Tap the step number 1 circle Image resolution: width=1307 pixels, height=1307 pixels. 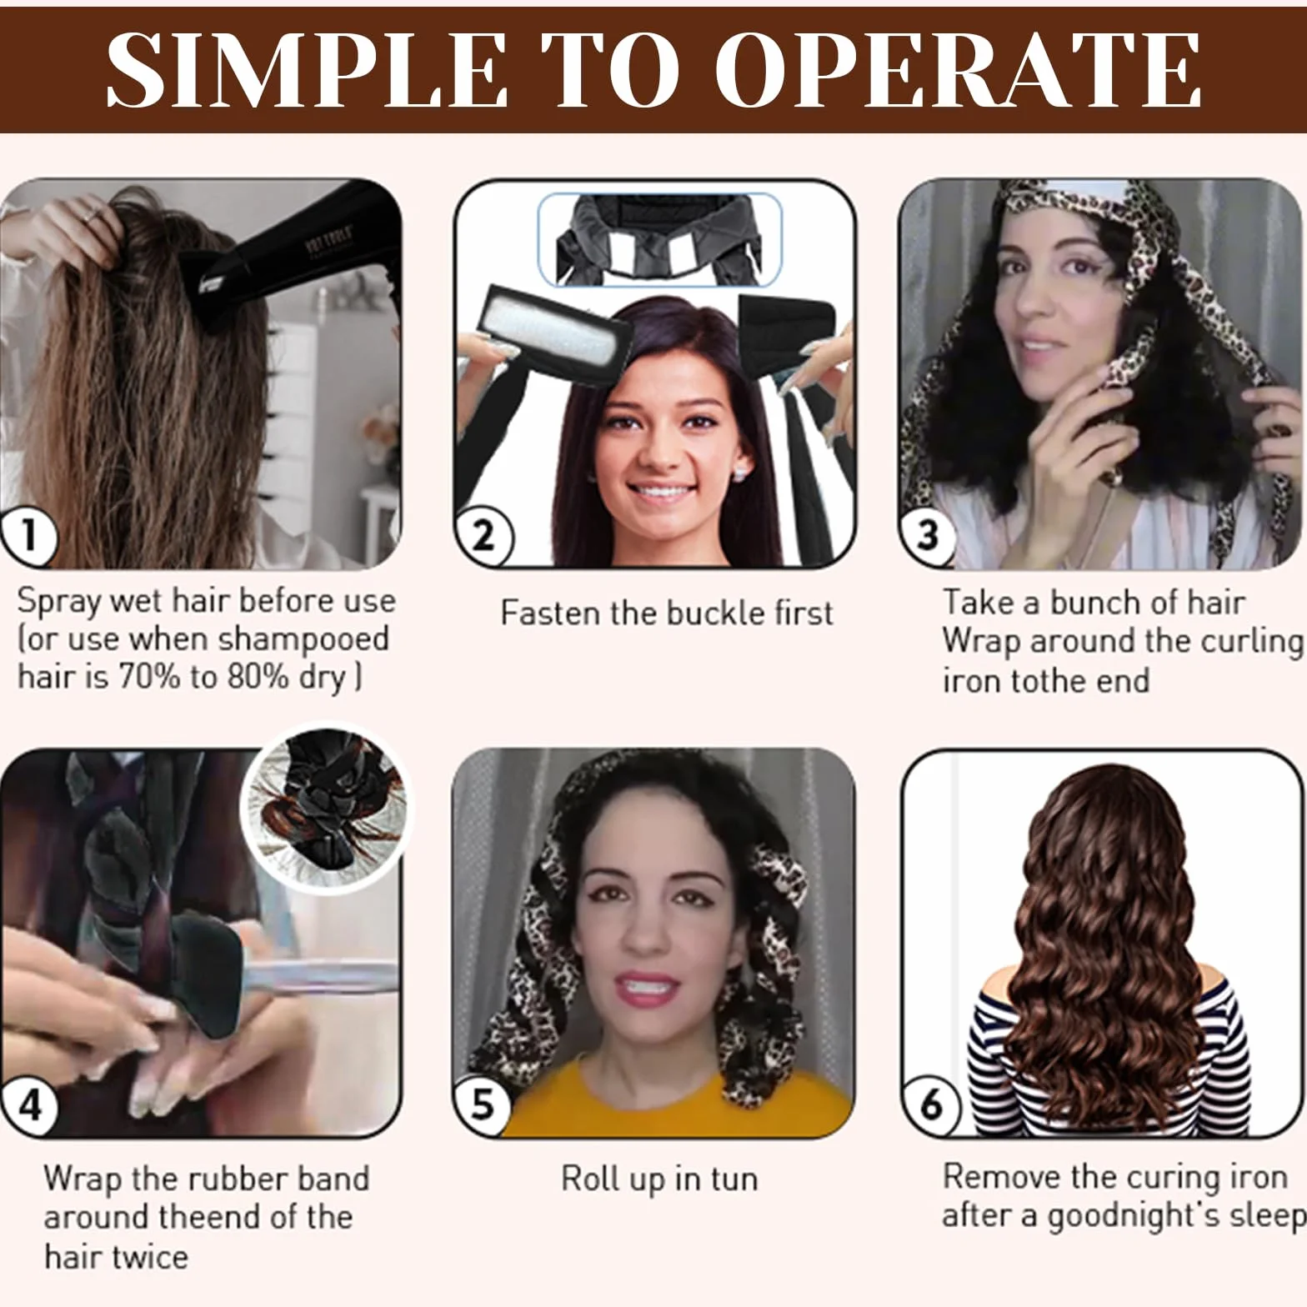coord(28,536)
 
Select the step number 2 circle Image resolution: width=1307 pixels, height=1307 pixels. coord(483,536)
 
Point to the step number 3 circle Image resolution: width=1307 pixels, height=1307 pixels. coord(929,536)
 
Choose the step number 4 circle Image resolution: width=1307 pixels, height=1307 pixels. coord(28,1106)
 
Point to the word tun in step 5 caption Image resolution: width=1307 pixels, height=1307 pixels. coord(734,1179)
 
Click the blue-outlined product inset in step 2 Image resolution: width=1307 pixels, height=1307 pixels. coord(659,239)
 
